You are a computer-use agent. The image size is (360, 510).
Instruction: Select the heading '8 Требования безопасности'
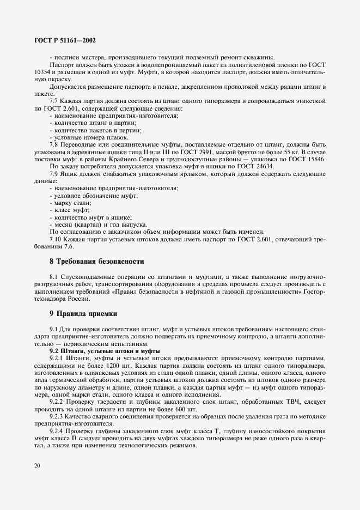(89, 261)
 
